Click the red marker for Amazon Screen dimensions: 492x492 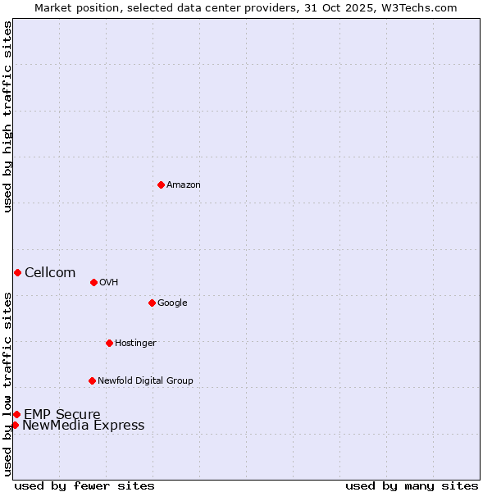click(x=161, y=184)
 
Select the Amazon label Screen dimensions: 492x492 click(x=184, y=185)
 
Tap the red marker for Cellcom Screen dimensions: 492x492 click(x=17, y=272)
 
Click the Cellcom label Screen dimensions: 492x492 click(x=50, y=273)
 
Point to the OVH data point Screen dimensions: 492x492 click(x=93, y=282)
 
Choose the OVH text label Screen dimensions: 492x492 click(x=109, y=283)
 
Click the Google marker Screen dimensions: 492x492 click(x=152, y=303)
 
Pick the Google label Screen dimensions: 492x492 click(x=172, y=303)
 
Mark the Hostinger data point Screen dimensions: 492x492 click(x=109, y=343)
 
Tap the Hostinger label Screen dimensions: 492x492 click(x=135, y=344)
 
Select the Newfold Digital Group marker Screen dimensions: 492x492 click(x=92, y=380)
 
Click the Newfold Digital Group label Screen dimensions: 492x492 click(x=145, y=381)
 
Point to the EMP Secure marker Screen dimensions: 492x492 click(x=16, y=414)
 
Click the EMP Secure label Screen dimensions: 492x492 click(x=62, y=415)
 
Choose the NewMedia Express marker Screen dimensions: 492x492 click(x=15, y=425)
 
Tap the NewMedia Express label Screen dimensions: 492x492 click(x=83, y=426)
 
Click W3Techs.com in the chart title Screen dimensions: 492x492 click(x=423, y=7)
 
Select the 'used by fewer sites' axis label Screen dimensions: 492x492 click(x=84, y=486)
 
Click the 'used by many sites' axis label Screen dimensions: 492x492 click(x=412, y=486)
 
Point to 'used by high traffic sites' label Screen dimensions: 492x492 click(x=8, y=116)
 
